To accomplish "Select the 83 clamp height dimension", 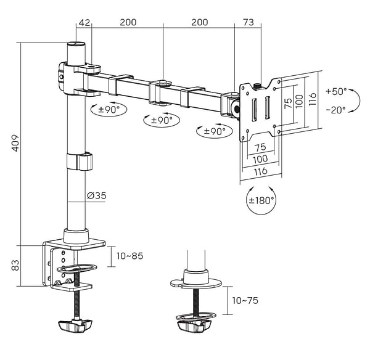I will pyautogui.click(x=14, y=265).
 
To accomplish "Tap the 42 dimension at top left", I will pyautogui.click(x=84, y=22).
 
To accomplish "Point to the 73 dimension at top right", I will pyautogui.click(x=248, y=22).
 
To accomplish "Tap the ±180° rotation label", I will pyautogui.click(x=261, y=200).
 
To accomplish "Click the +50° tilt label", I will pyautogui.click(x=336, y=91).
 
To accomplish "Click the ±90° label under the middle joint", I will pyautogui.click(x=161, y=120).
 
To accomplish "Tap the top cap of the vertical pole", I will pyautogui.click(x=77, y=44).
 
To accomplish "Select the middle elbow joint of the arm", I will pyautogui.click(x=162, y=86).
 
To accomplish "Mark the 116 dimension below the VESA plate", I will pyautogui.click(x=260, y=172).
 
